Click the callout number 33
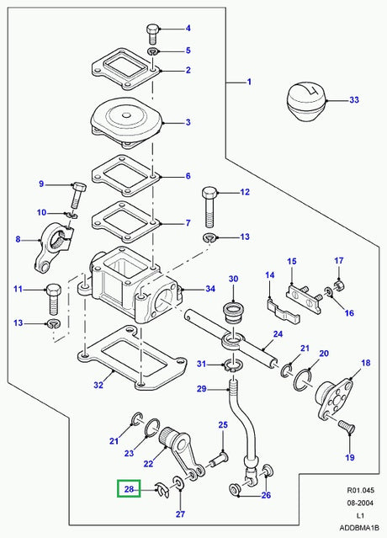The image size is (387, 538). [x=353, y=101]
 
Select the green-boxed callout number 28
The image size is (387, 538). [x=130, y=488]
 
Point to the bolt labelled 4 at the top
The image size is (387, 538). [x=153, y=34]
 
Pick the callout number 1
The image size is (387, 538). [x=249, y=83]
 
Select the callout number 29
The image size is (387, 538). [x=201, y=388]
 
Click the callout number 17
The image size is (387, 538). [x=339, y=260]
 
